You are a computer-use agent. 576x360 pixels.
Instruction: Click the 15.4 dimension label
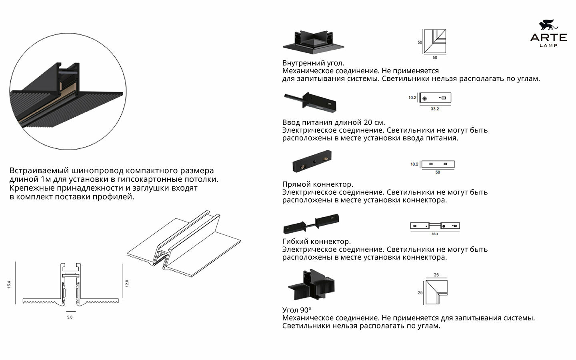[x=9, y=284]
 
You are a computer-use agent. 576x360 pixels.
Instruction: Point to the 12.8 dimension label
[x=127, y=283]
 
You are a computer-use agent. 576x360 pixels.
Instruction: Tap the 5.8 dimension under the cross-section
[x=70, y=317]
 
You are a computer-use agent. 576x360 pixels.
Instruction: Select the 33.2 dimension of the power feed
[x=435, y=109]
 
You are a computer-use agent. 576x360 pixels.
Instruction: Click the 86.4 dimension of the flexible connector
[x=435, y=234]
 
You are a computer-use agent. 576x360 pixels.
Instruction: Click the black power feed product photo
[x=311, y=102]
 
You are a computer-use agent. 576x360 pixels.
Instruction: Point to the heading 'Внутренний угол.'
[x=313, y=63]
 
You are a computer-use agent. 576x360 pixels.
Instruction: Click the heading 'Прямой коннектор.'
[x=318, y=184]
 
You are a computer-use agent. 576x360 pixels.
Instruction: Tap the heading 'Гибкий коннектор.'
[x=316, y=242]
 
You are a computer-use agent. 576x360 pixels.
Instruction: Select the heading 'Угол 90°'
[x=297, y=310]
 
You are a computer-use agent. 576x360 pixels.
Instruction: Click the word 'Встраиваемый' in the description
[x=35, y=171]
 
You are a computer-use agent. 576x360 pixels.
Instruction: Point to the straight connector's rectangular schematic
[x=438, y=164]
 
